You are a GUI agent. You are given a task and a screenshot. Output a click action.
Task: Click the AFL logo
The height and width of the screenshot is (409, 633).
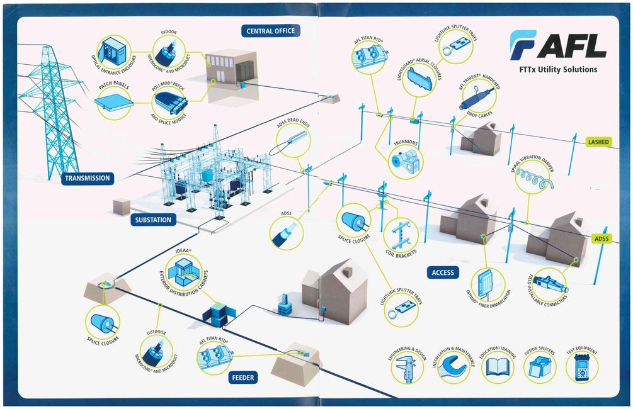pyautogui.click(x=558, y=47)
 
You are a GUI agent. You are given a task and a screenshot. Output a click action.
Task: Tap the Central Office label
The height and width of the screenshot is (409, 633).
pyautogui.click(x=270, y=31)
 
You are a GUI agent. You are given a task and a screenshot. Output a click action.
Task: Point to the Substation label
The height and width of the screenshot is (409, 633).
pyautogui.click(x=152, y=220)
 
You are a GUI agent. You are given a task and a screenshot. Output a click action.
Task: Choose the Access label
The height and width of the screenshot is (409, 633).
pyautogui.click(x=443, y=272)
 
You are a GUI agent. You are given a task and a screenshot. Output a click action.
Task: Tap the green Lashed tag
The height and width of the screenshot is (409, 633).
pyautogui.click(x=598, y=142)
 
